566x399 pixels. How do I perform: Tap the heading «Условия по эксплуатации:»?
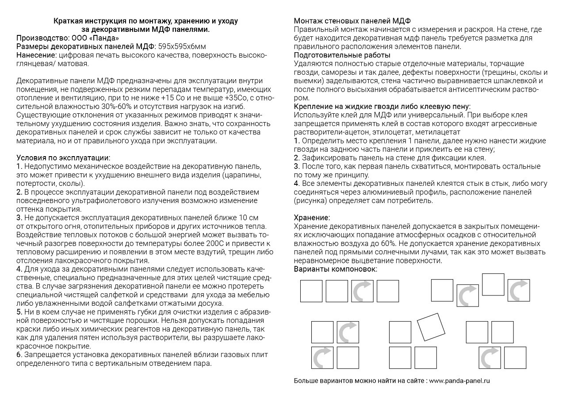(63, 157)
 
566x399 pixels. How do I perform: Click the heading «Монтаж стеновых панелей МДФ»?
(352, 21)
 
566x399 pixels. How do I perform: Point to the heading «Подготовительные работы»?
(342, 55)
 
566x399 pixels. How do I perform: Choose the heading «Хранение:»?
(312, 218)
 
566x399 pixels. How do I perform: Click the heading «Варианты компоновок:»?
(335, 269)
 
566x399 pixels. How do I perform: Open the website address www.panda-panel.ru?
(459, 380)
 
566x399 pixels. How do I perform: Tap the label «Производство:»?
(42, 38)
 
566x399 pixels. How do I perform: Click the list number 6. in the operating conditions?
(19, 355)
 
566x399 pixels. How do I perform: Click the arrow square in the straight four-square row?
(362, 291)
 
